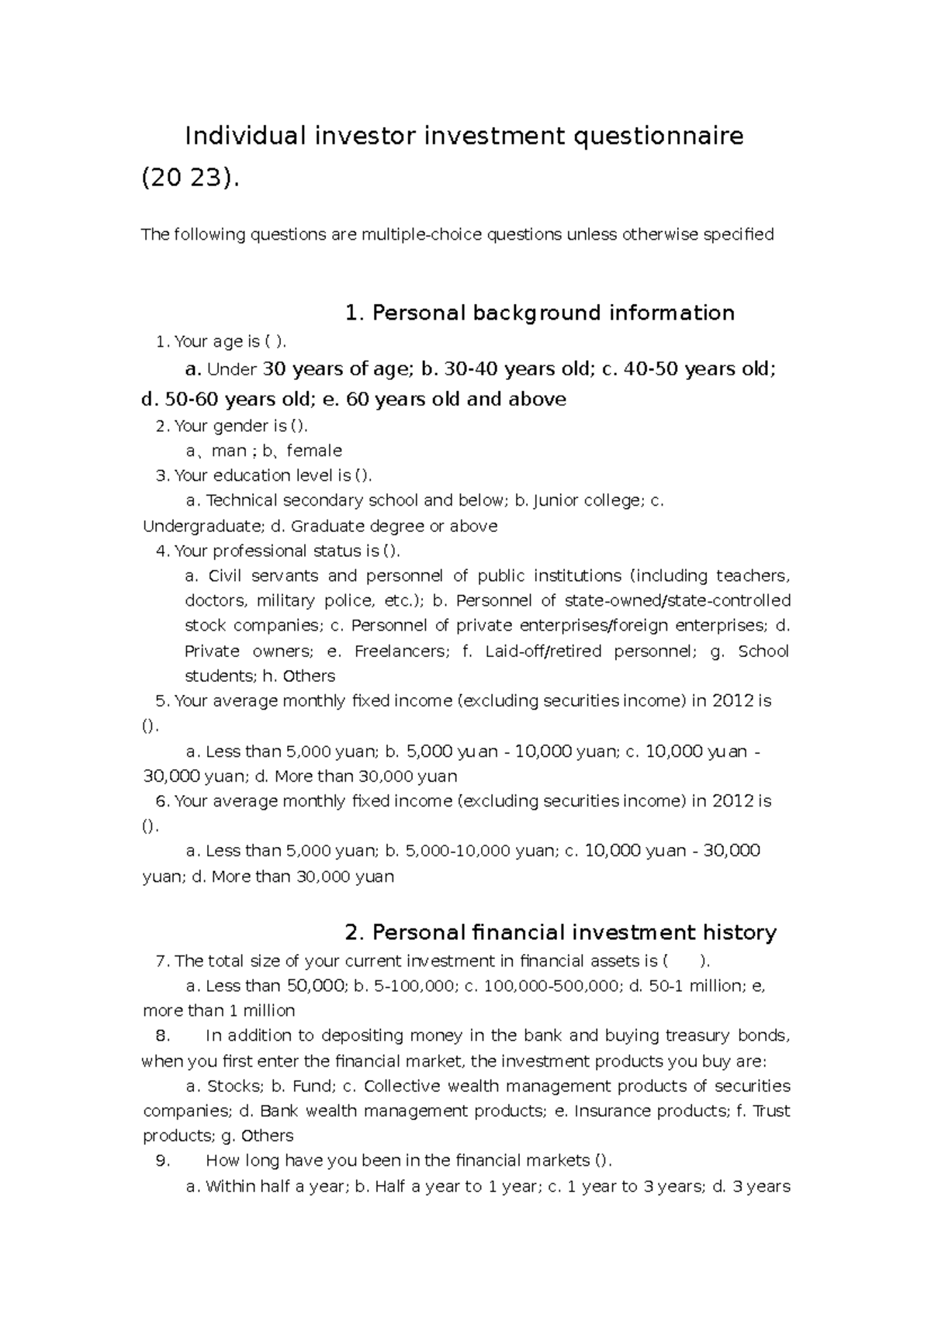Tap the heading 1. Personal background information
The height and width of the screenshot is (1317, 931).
(539, 313)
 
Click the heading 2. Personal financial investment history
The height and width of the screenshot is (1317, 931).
(559, 932)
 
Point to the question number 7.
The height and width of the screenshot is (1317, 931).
(162, 961)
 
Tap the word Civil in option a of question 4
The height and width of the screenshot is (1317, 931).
(226, 576)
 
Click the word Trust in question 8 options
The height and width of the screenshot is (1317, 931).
(771, 1111)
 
